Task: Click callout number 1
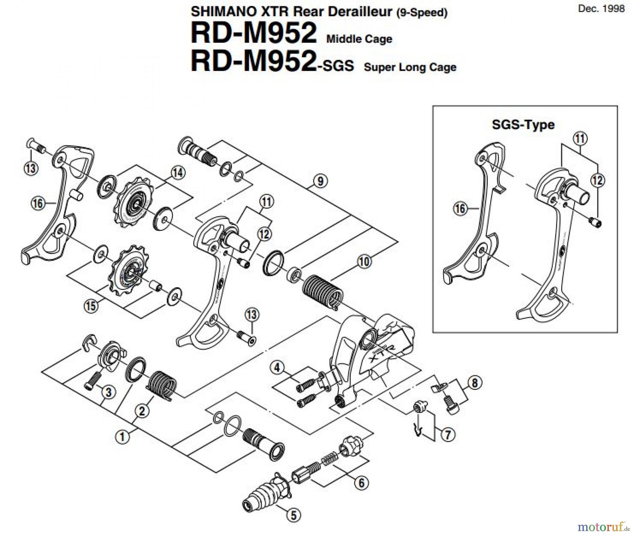pyautogui.click(x=122, y=437)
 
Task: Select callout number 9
pyautogui.click(x=320, y=181)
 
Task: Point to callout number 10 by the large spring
pyautogui.click(x=365, y=261)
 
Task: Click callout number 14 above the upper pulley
pyautogui.click(x=178, y=173)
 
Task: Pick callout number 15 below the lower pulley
pyautogui.click(x=91, y=305)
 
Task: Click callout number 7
pyautogui.click(x=448, y=435)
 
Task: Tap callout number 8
pyautogui.click(x=474, y=383)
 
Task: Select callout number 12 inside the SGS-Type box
pyautogui.click(x=597, y=181)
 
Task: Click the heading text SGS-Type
pyautogui.click(x=523, y=125)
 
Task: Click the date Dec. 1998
pyautogui.click(x=601, y=8)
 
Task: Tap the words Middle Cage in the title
pyautogui.click(x=359, y=39)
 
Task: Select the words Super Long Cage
pyautogui.click(x=410, y=67)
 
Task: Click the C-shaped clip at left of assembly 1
pyautogui.click(x=89, y=342)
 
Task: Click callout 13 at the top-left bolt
pyautogui.click(x=31, y=168)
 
